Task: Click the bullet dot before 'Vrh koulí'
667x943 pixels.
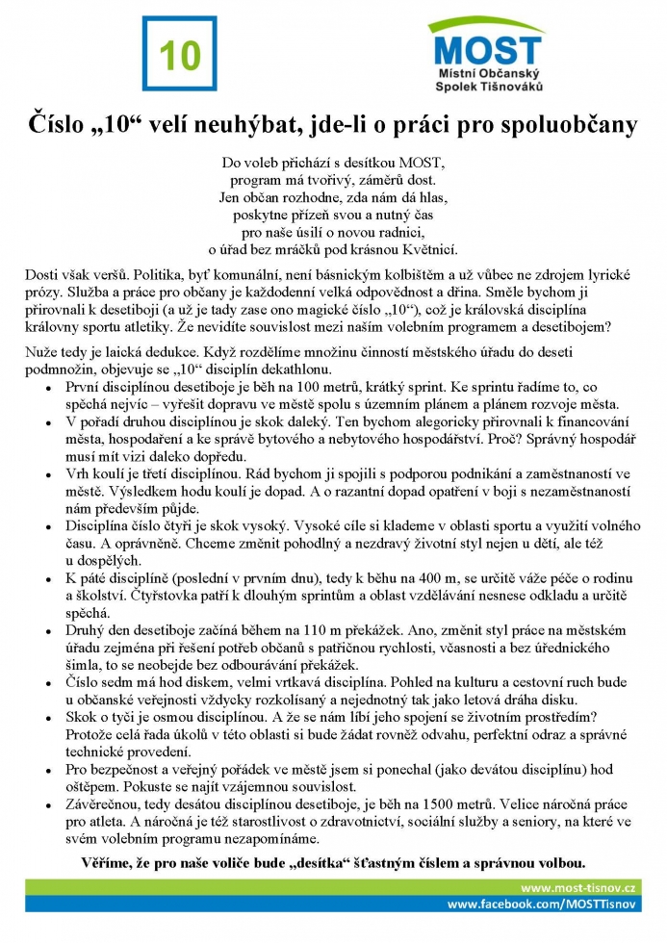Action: tap(47, 474)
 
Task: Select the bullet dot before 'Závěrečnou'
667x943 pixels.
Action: tap(47, 804)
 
